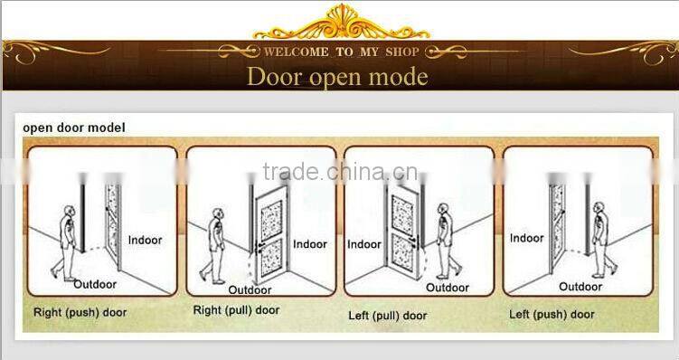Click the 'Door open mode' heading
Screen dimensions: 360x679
pos(338,76)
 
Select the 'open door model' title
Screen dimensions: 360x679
pos(73,128)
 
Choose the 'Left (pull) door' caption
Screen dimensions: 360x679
pos(389,316)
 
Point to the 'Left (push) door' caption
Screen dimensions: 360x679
pos(552,314)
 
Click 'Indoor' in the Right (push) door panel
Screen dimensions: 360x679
pos(145,240)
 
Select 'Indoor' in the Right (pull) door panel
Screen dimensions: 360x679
pos(310,244)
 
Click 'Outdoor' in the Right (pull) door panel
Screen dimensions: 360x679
pos(250,290)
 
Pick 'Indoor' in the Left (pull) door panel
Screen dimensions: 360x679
pos(365,244)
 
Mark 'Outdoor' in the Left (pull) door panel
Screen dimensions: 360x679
pos(448,289)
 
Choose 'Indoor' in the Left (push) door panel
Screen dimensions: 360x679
pos(527,239)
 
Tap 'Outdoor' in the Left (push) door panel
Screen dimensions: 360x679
pos(580,287)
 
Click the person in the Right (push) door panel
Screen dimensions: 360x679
pos(65,242)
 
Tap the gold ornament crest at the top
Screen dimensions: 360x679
pos(340,18)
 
